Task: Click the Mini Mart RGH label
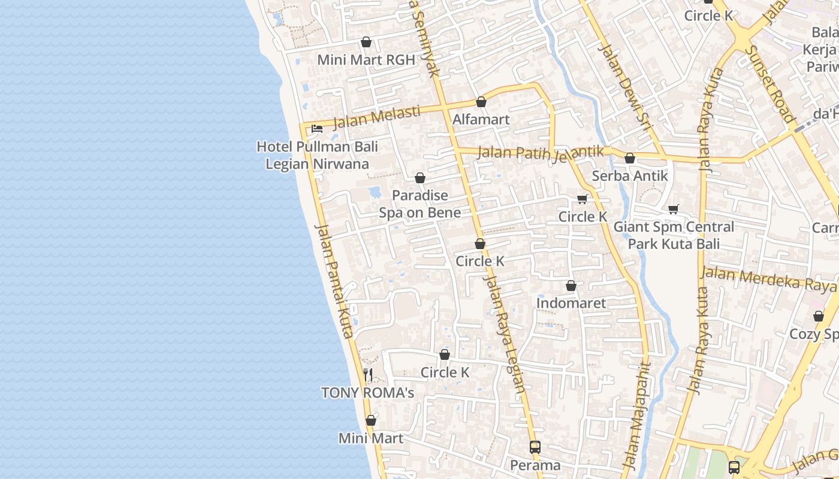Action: click(366, 60)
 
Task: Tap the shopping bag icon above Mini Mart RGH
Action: click(366, 42)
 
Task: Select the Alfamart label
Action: click(481, 119)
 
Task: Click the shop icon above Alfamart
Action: click(481, 102)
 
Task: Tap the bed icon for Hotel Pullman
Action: click(317, 129)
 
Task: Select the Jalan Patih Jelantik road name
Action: click(541, 153)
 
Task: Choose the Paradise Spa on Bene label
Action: click(419, 204)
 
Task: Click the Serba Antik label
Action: click(629, 176)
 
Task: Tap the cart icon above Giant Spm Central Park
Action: click(674, 209)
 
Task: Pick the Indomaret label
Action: click(571, 303)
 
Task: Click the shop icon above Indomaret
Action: click(571, 286)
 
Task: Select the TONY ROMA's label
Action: click(367, 393)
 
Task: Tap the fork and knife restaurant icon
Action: click(368, 375)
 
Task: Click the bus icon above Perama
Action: click(535, 447)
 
